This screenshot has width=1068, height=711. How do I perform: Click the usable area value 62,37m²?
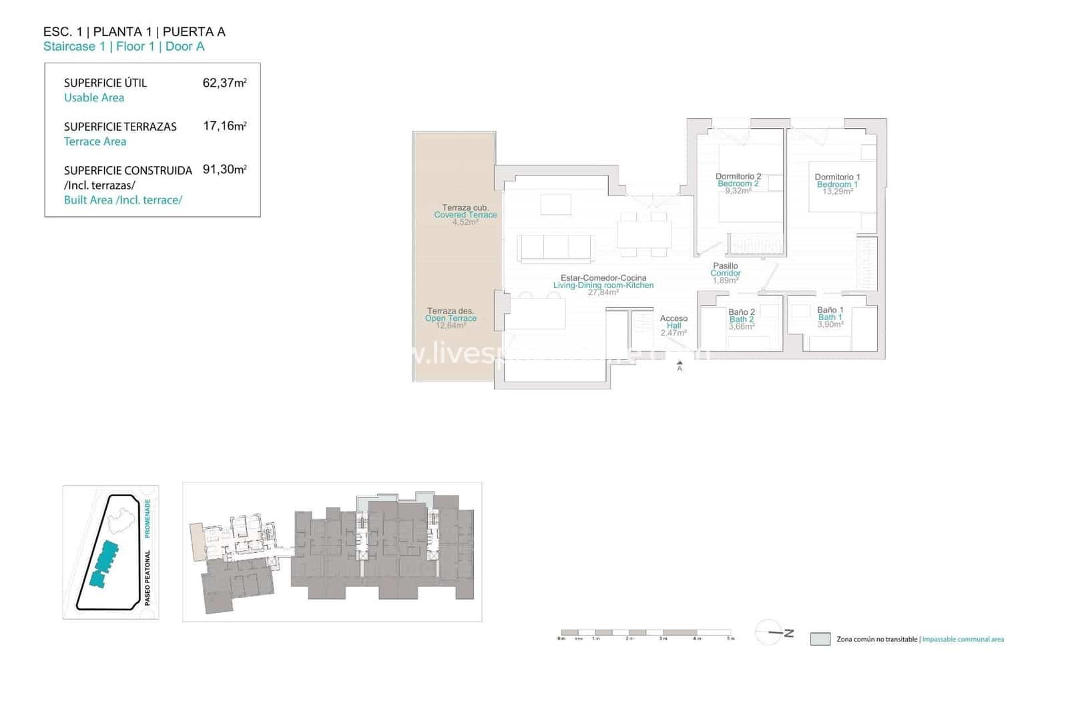(224, 83)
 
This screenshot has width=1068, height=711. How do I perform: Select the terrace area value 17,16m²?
(224, 126)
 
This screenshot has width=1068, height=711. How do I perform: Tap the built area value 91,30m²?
(224, 169)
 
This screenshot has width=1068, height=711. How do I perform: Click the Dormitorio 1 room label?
(837, 177)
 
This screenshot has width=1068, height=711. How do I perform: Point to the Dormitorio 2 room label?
(738, 177)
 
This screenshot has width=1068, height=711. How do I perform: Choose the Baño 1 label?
(830, 310)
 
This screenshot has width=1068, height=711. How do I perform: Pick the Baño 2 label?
(742, 312)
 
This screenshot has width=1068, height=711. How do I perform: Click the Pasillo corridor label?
(726, 266)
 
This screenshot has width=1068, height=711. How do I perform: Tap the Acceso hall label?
(674, 319)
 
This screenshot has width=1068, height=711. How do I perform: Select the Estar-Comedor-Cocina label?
(603, 278)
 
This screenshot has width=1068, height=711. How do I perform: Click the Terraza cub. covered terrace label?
(465, 207)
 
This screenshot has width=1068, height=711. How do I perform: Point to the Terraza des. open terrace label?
(451, 311)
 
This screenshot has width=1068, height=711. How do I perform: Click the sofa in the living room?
(556, 247)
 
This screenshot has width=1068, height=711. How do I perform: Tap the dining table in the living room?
(644, 234)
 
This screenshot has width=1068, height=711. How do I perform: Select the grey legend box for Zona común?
(820, 639)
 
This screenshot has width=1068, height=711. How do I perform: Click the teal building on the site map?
(103, 564)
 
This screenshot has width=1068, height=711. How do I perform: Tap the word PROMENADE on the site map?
(148, 518)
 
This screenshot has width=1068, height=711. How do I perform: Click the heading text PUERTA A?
(194, 31)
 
